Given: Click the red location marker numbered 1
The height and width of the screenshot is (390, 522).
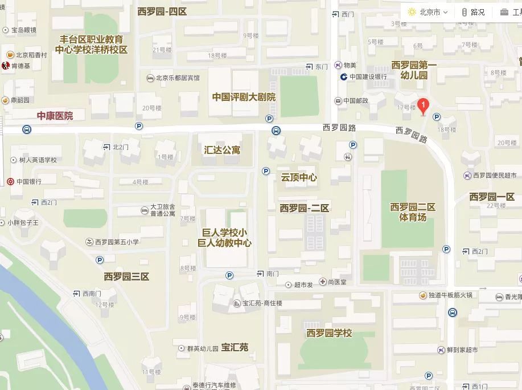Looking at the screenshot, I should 423,105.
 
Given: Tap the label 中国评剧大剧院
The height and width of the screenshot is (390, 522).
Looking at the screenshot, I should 244,97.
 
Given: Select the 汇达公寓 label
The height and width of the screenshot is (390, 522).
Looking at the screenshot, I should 222,150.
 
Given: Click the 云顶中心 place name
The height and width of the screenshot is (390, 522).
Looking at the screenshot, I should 299,177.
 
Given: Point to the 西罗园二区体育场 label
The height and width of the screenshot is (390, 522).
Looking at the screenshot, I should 413,212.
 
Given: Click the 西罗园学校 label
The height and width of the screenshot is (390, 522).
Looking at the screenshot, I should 329,333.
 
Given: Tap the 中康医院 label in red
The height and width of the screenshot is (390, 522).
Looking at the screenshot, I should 55,116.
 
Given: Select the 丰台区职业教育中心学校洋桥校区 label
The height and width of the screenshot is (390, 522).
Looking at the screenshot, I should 91,44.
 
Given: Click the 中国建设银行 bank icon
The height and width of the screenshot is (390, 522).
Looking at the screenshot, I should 344,77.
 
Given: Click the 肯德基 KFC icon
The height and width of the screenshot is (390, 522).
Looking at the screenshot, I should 7,66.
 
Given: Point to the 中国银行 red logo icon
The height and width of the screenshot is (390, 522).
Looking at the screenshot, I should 10,181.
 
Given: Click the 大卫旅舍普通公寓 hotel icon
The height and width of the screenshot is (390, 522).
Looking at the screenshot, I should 145,211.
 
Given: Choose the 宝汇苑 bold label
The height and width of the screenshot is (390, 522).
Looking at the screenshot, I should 235,347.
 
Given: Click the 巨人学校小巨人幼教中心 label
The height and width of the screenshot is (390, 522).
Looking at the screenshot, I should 224,238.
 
